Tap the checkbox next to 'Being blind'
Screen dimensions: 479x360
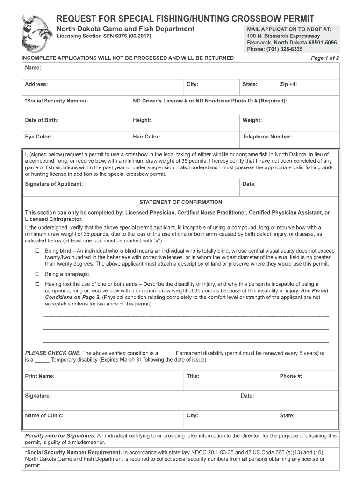38,251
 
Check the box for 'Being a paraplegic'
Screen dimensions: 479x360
38,274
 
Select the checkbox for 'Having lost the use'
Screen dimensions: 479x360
38,284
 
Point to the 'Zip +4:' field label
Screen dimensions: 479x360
288,85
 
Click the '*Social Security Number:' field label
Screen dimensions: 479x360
56,101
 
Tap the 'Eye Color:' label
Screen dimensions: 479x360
38,137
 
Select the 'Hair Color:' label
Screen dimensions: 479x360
146,137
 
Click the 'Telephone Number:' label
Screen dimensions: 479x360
267,137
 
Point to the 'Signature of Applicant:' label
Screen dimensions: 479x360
54,184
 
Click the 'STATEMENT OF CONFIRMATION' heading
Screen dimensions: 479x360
180,203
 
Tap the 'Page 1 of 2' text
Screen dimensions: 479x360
325,58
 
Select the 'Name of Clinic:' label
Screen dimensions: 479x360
44,416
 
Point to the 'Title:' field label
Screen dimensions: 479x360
193,377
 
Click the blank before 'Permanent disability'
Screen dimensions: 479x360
167,354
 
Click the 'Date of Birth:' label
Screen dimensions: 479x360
42,120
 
